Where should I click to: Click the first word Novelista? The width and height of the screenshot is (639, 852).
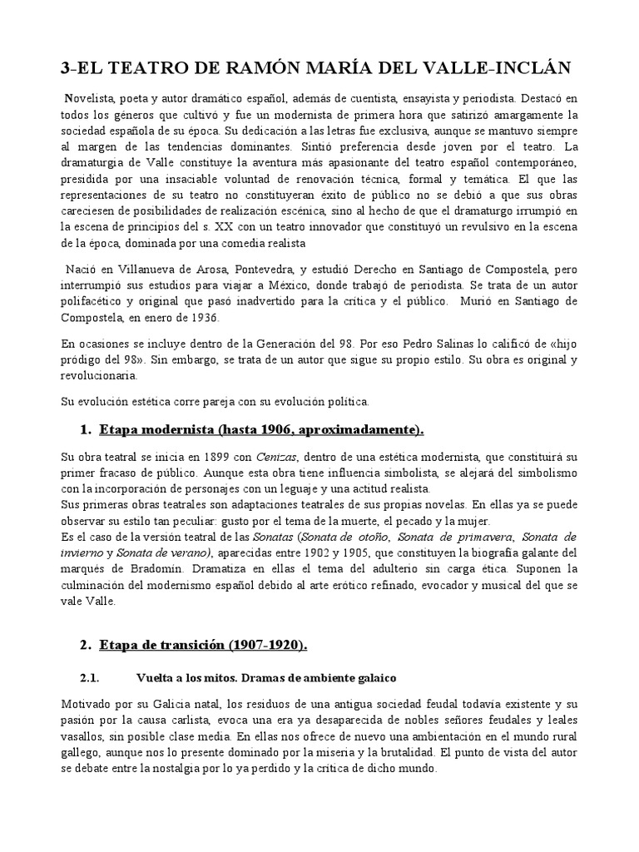click(94, 99)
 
